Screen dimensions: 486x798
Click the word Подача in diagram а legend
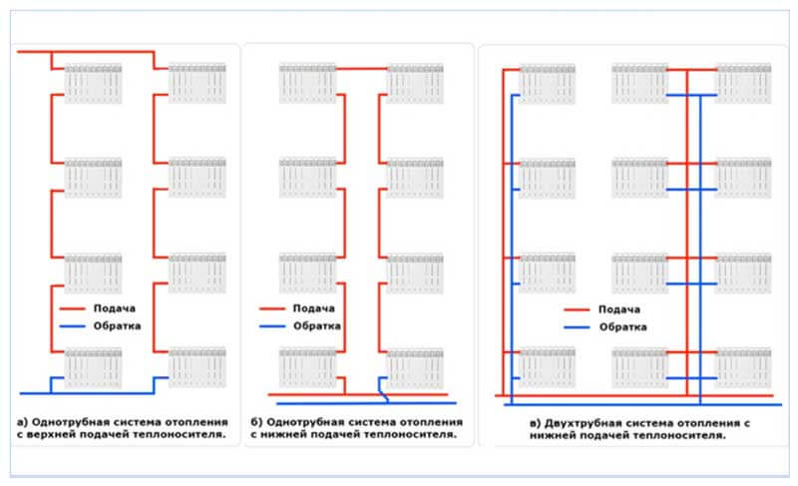coord(115,307)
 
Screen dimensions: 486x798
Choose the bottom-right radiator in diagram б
coord(414,367)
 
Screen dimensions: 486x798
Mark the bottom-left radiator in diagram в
coord(548,367)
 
